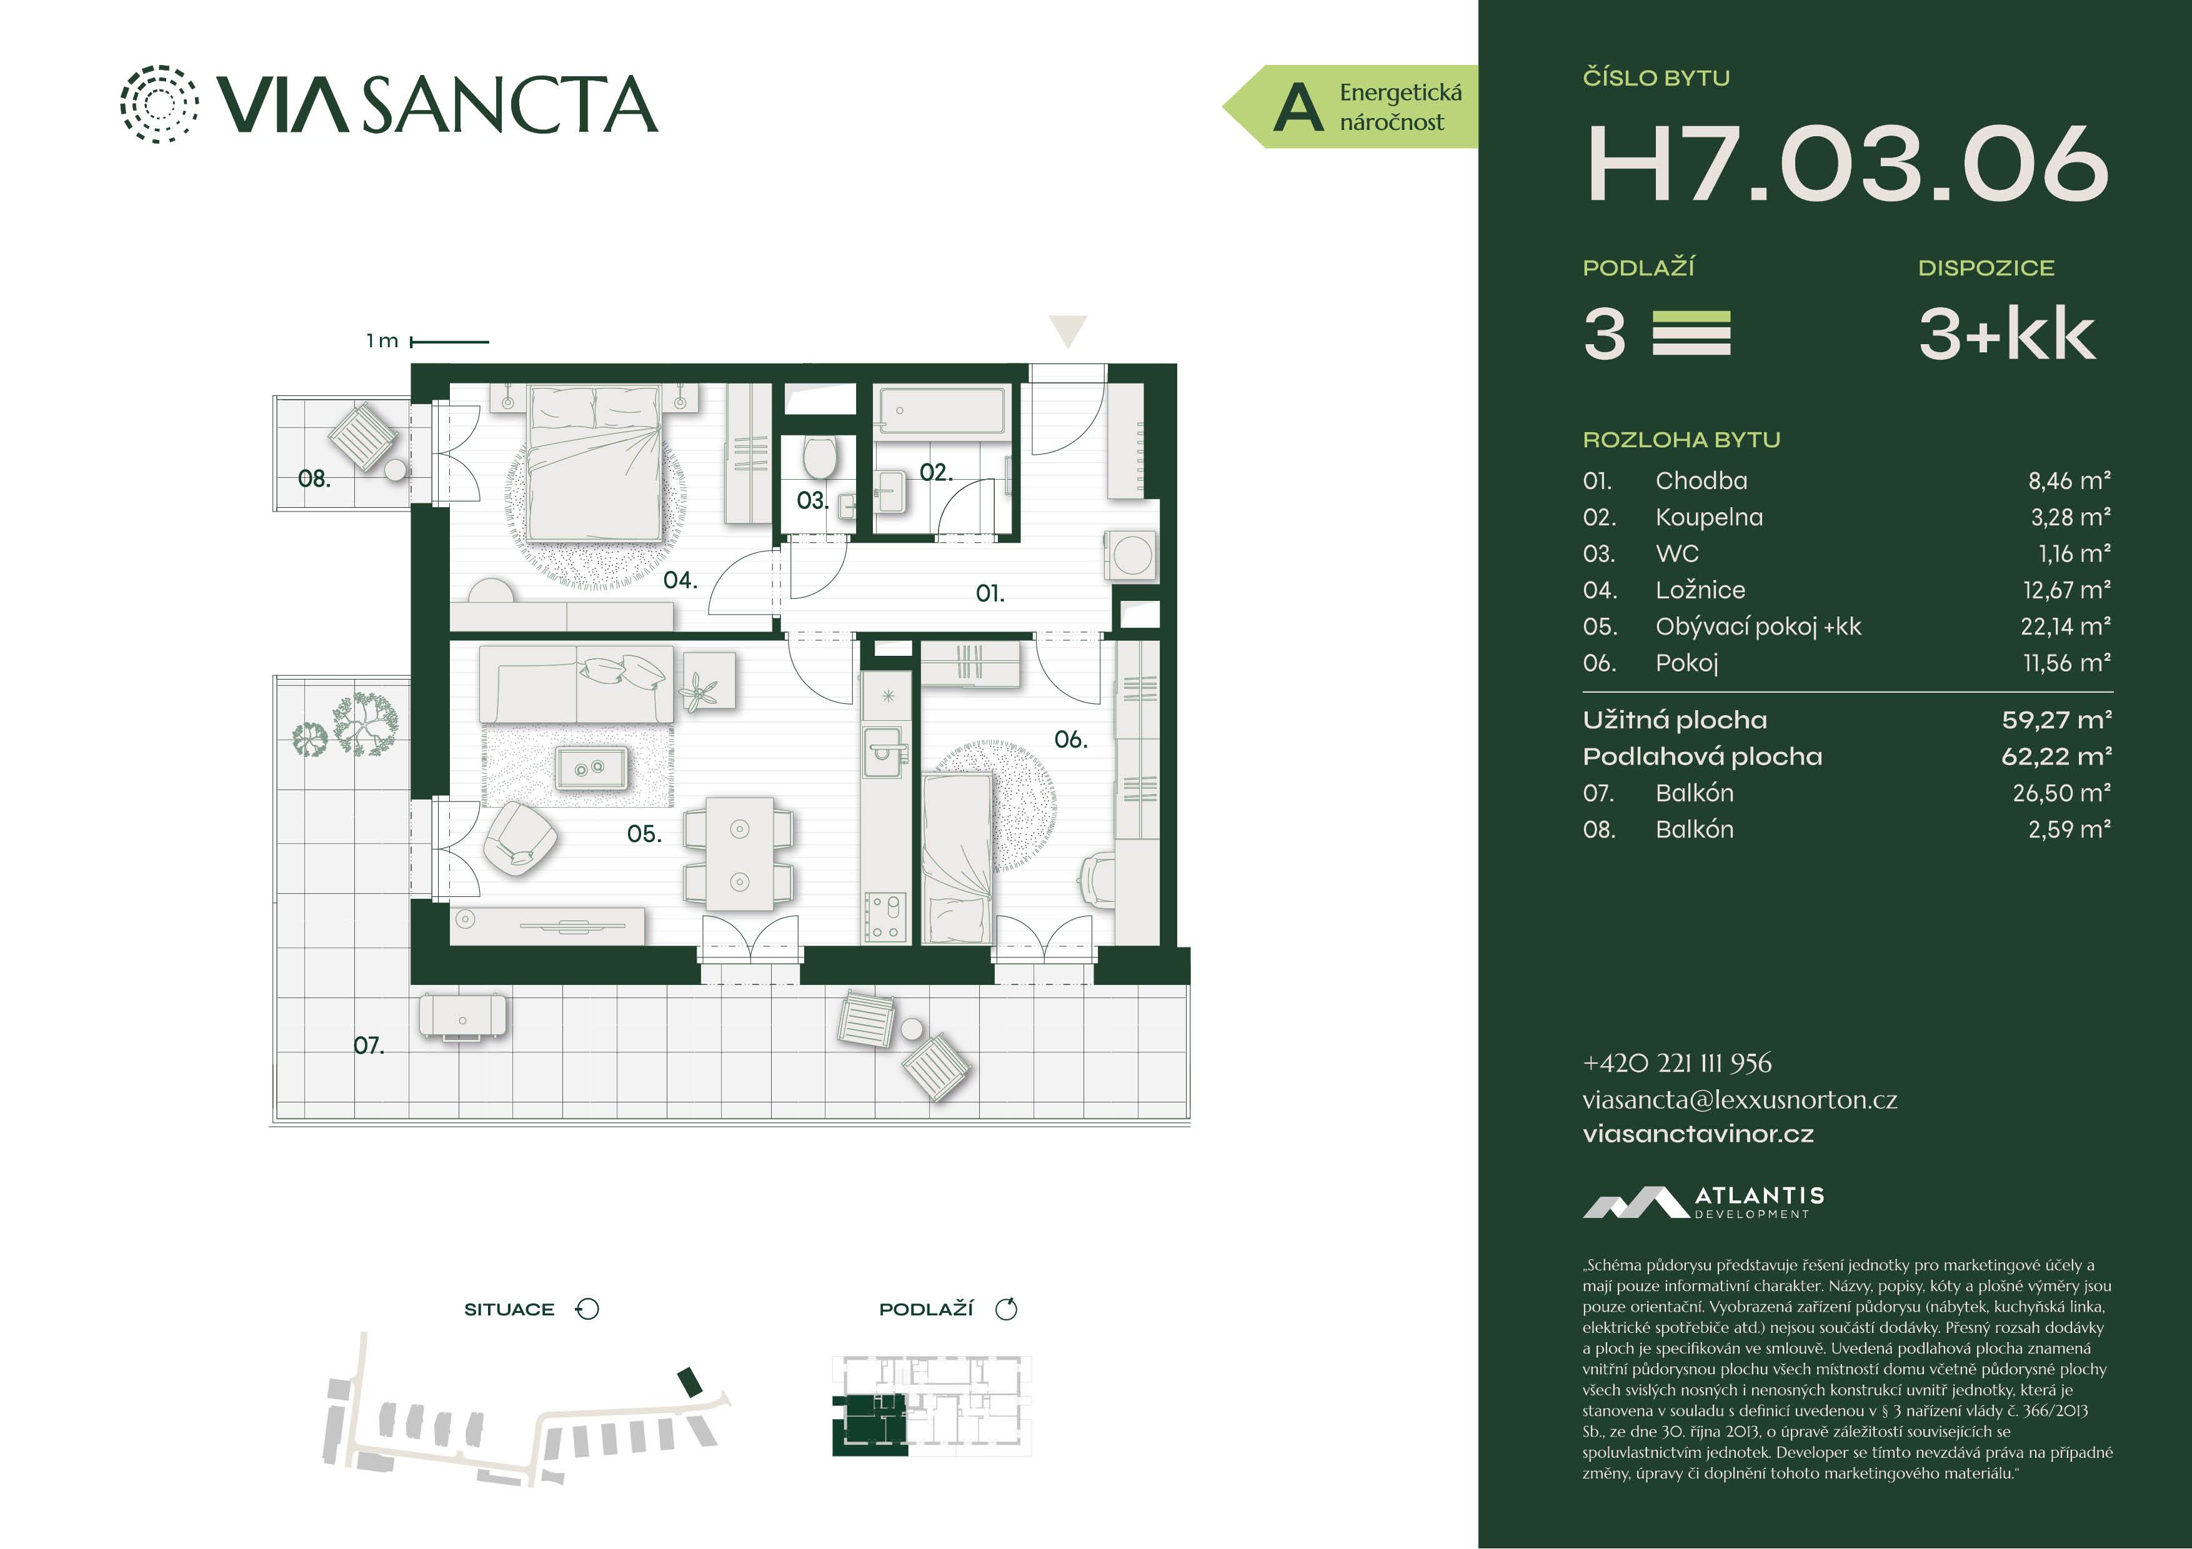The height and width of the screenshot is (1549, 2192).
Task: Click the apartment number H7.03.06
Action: pos(1846,164)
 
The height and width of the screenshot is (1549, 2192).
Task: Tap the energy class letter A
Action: pos(1298,107)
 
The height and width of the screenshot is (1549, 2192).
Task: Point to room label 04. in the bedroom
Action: pos(680,580)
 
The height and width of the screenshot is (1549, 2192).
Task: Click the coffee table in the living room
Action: pos(591,768)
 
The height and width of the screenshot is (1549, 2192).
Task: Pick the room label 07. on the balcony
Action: pos(369,1045)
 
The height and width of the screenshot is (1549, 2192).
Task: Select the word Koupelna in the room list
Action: pos(1709,517)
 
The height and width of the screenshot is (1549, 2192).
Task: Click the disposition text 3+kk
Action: pos(2007,334)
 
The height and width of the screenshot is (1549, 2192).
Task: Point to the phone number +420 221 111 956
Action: pos(1676,1062)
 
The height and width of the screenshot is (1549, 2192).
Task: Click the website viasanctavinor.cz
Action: pos(1698,1134)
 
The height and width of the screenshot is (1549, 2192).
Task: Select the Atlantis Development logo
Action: pos(1703,1202)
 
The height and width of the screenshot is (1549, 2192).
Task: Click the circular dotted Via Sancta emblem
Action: pos(159,104)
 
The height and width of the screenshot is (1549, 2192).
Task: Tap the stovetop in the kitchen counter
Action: pos(885,917)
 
